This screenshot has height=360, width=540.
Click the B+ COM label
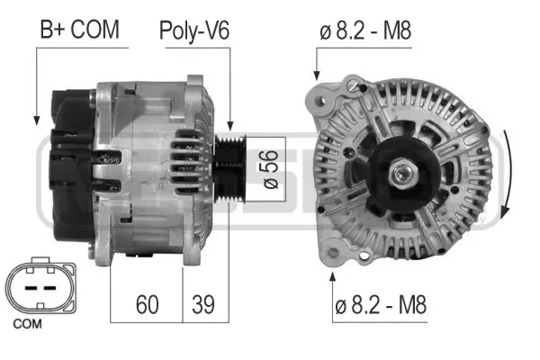click(78, 30)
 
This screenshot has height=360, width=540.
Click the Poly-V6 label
click(194, 30)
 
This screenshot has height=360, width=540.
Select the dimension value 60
click(148, 304)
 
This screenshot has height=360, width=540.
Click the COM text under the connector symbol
click(28, 321)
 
